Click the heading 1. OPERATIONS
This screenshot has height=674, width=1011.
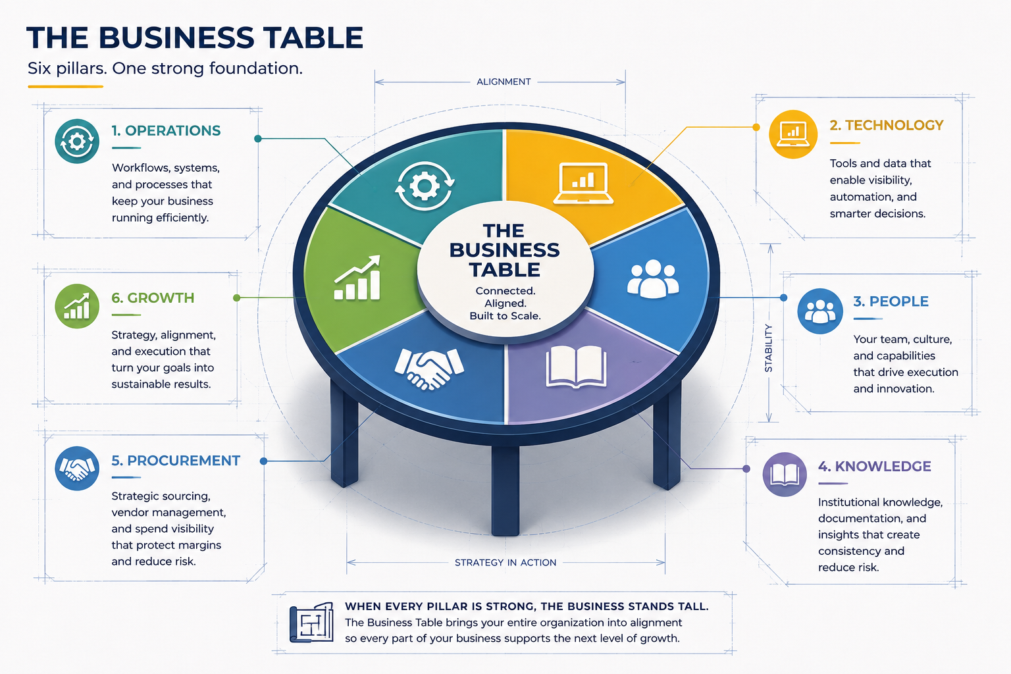(166, 131)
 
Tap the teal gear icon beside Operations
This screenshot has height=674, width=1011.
(77, 142)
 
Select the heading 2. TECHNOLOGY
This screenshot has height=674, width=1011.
(887, 126)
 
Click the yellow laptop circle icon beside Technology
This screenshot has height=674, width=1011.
(793, 134)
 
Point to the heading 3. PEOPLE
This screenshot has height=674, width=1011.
(891, 301)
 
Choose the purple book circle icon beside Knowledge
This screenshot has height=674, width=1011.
(785, 475)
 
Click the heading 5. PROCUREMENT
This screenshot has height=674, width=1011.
(176, 461)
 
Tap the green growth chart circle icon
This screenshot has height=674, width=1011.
(77, 306)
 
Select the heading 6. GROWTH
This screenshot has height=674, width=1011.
(153, 298)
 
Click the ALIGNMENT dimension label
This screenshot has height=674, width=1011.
(504, 82)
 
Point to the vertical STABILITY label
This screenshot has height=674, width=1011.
(768, 348)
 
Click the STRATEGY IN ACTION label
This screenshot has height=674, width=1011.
(505, 563)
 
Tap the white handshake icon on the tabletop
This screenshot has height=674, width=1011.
(428, 369)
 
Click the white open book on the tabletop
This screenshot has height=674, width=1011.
(576, 367)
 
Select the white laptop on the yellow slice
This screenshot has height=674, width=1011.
(583, 183)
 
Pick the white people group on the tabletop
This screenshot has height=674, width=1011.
(653, 279)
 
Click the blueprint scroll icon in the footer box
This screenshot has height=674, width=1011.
(311, 623)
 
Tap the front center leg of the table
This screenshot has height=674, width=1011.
(505, 490)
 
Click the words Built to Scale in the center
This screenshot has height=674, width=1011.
(505, 316)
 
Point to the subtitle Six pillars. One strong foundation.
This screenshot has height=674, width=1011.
(165, 68)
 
